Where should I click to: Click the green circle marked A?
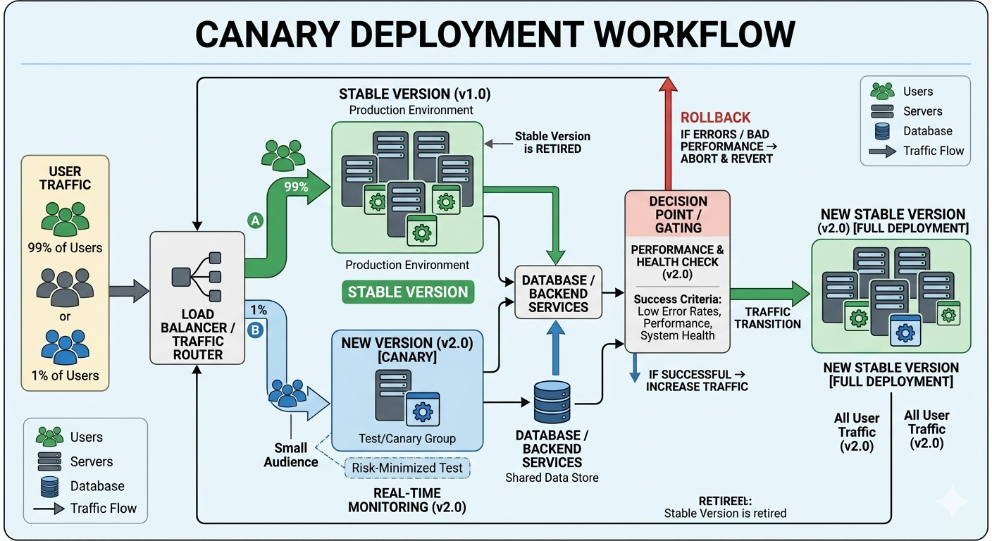pos(255,220)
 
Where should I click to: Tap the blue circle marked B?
pos(255,330)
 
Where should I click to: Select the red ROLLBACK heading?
pos(715,118)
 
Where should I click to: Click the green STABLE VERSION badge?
pos(408,292)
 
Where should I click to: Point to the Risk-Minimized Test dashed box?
pos(407,468)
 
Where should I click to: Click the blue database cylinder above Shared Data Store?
pos(552,402)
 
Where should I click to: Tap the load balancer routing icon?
pos(197,277)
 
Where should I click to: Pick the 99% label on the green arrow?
pos(296,187)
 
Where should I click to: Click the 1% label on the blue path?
pos(259,310)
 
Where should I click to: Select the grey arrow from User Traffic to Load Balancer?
pos(129,292)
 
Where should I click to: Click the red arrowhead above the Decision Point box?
pos(668,84)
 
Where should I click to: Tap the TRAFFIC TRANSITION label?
pos(767,318)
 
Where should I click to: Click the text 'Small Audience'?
pos(291,455)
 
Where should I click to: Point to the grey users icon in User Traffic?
pos(65,288)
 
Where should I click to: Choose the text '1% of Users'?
pos(65,375)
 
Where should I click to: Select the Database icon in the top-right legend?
pos(882,131)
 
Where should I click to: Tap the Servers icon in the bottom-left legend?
pos(49,461)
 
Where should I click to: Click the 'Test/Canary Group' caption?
pos(407,438)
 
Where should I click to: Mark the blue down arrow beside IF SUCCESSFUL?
pos(635,368)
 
